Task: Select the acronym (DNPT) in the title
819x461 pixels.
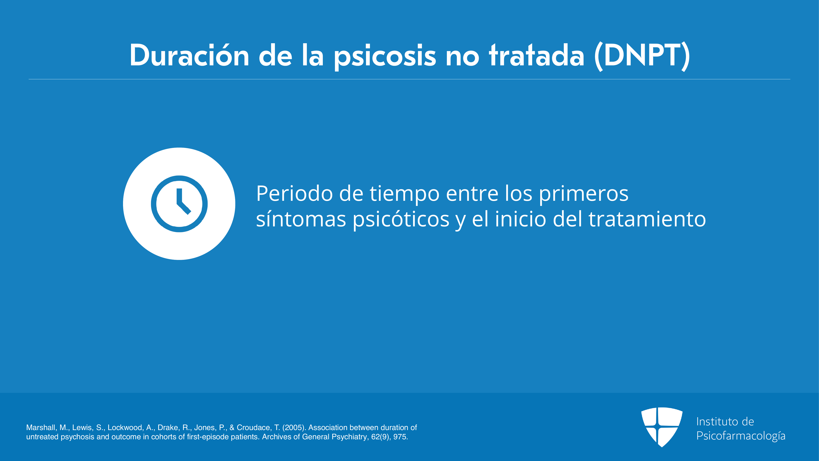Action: point(642,56)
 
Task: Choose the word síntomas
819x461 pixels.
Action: point(301,219)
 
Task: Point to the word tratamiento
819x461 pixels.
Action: point(647,219)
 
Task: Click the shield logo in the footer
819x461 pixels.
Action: point(662,427)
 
